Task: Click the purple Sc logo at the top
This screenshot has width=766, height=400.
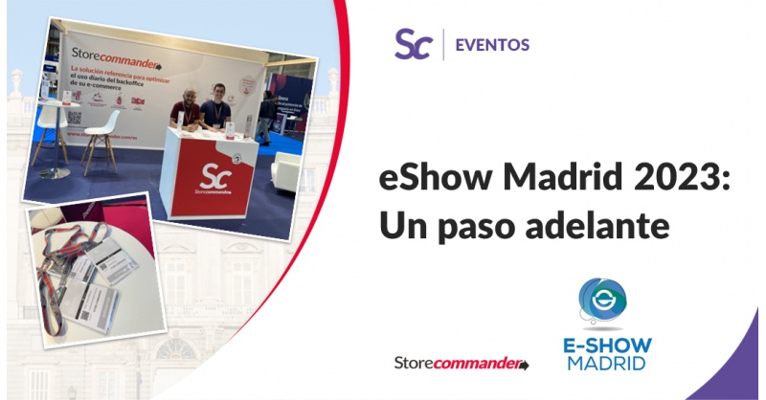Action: tap(413, 44)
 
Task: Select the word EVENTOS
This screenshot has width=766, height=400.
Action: tap(492, 44)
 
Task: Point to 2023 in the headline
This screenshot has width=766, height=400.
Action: tap(674, 178)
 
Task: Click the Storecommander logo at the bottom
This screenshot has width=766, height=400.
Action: tap(462, 364)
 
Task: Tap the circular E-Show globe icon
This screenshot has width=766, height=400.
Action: tap(602, 302)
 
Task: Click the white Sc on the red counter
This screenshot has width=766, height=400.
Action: tap(212, 174)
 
